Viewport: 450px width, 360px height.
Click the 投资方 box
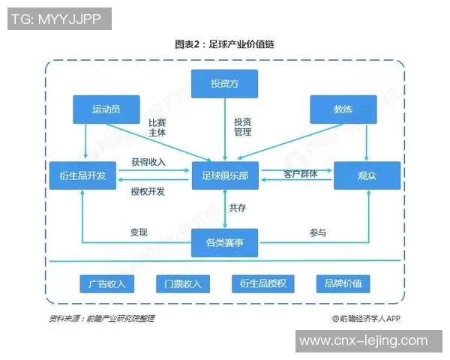(x=225, y=83)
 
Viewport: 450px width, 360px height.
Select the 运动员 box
(x=106, y=109)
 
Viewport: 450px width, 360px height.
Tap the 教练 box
(x=343, y=109)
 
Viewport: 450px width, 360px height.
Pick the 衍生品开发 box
(x=82, y=175)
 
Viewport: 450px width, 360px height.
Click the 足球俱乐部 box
(x=225, y=175)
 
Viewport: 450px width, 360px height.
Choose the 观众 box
(x=367, y=175)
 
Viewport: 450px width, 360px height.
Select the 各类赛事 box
(x=225, y=242)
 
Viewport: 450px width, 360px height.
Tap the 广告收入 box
(x=106, y=283)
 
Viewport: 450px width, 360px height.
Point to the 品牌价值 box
(x=343, y=283)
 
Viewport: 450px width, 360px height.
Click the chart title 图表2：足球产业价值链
(x=224, y=44)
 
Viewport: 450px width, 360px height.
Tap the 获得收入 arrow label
(x=148, y=162)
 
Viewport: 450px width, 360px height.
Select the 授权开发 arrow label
(x=148, y=191)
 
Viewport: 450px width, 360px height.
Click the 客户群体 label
(x=300, y=174)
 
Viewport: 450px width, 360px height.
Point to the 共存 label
(x=238, y=208)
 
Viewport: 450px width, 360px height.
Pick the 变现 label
(x=139, y=232)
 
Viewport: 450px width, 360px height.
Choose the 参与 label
(x=318, y=232)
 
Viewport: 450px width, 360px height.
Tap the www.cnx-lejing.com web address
(x=364, y=341)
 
